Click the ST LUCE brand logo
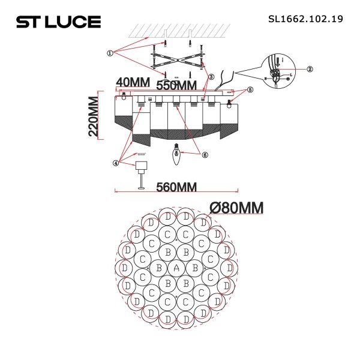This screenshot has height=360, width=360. click(x=58, y=22)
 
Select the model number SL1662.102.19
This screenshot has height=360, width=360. click(x=305, y=19)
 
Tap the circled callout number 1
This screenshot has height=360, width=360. click(x=110, y=53)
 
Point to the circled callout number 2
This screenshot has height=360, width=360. click(x=310, y=69)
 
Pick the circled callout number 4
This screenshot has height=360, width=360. click(x=115, y=162)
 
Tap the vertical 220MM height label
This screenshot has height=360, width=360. click(x=94, y=116)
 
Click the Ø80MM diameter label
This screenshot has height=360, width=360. click(x=237, y=208)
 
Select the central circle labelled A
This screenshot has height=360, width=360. click(x=176, y=267)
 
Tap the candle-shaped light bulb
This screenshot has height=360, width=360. click(x=177, y=155)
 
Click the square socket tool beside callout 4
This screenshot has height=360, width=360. click(x=142, y=166)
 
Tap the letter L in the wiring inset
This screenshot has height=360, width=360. click(x=290, y=75)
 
